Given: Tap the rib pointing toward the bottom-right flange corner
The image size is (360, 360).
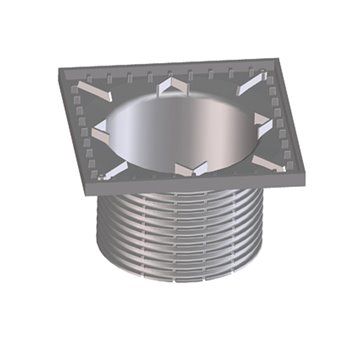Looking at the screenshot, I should (265, 160).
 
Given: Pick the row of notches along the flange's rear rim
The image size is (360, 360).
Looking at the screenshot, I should (160, 71).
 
